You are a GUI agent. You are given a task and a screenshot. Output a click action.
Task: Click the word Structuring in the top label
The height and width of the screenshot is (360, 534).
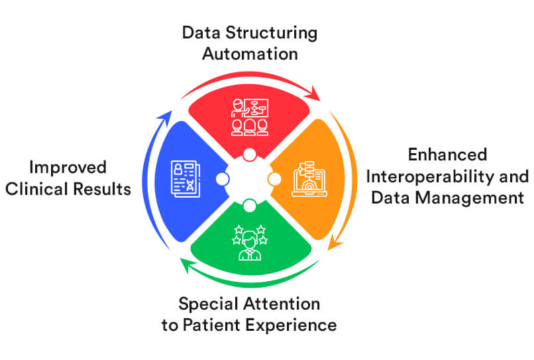tap(272, 33)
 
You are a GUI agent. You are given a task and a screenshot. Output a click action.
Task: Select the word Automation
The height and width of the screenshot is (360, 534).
tap(250, 54)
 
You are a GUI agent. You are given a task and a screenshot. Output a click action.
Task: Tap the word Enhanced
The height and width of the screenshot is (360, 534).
tap(447, 154)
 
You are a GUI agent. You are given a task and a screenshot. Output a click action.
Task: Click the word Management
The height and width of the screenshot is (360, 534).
tap(470, 198)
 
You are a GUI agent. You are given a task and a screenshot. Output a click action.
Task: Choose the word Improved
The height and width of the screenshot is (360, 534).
tap(68, 168)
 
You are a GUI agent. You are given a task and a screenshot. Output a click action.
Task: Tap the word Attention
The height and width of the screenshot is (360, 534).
tap(282, 304)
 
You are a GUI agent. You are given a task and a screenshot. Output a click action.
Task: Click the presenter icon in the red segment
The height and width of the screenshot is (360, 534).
tap(250, 117)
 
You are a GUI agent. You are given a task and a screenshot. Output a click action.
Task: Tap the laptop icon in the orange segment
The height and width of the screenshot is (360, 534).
tap(309, 179)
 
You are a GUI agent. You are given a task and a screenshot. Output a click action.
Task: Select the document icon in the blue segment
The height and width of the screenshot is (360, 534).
tap(186, 179)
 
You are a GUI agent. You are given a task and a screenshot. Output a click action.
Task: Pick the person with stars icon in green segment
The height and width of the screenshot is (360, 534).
tap(250, 243)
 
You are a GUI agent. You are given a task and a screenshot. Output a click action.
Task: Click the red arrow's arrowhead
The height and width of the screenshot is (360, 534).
tap(313, 93)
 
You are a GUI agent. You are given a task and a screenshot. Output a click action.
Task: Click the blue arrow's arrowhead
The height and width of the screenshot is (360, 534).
tap(165, 118)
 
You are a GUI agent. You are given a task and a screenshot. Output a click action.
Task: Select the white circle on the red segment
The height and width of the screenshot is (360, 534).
tap(250, 154)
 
